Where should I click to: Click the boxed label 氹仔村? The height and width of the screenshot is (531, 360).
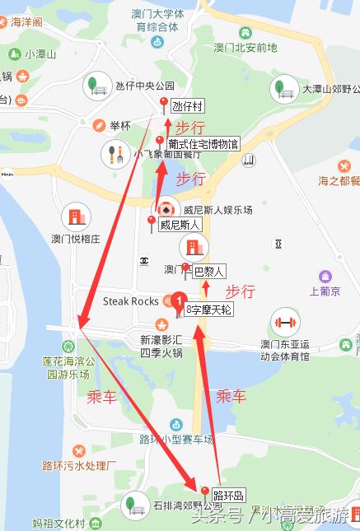[x=187, y=106]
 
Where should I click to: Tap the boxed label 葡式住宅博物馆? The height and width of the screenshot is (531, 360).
[x=203, y=144]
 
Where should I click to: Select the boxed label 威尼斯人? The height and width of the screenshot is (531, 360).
[x=180, y=224]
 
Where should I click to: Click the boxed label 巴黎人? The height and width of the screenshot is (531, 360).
[x=208, y=270]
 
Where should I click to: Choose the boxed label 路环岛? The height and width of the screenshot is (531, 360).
[x=228, y=496]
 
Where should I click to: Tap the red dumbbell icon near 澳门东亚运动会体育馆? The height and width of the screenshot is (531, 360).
[x=284, y=322]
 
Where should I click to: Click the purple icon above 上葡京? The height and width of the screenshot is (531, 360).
[x=325, y=276]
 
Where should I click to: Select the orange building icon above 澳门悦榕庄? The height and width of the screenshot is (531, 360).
[x=76, y=217]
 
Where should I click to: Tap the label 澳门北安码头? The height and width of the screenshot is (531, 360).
[x=245, y=47]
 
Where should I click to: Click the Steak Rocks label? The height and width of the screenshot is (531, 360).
[x=130, y=301]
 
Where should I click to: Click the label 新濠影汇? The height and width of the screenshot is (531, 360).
[x=159, y=339]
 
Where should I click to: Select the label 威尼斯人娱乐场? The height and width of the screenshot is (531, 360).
[x=217, y=209]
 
